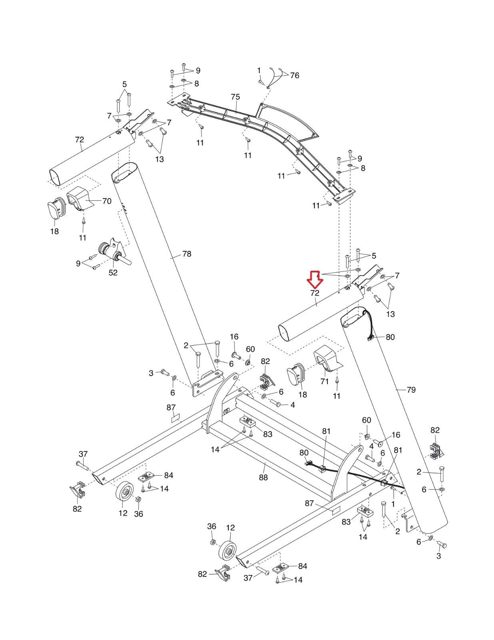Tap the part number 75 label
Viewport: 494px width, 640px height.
coord(235,97)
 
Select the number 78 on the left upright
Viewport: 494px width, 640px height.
coord(187,254)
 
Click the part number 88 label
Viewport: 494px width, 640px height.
coord(263,477)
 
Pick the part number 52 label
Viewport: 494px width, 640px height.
coord(113,272)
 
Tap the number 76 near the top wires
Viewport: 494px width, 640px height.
coord(294,75)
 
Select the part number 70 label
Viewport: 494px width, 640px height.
coord(107,201)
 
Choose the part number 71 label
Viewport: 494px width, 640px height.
coord(325,382)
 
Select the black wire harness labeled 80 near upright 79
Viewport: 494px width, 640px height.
coord(371,324)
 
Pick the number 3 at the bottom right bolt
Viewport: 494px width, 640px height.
coord(438,556)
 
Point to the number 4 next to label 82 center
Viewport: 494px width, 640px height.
coord(293,405)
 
